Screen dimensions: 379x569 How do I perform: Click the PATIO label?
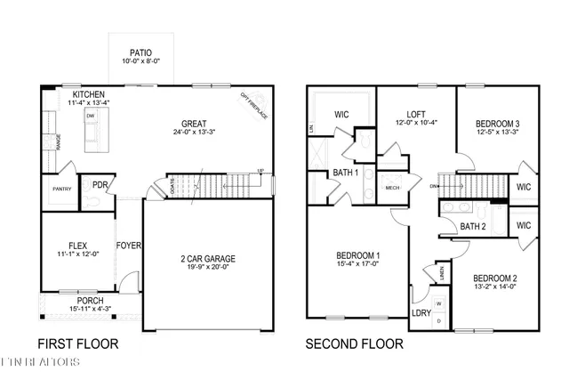click(140, 52)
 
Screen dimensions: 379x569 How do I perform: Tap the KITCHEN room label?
click(90, 93)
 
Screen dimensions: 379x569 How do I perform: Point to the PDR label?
click(100, 186)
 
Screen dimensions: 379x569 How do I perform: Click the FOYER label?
click(128, 246)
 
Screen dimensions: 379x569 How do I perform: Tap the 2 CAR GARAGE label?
click(207, 259)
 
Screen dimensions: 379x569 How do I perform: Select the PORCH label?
click(89, 301)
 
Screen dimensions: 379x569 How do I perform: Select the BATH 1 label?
click(346, 173)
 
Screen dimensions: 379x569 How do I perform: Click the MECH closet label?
click(391, 188)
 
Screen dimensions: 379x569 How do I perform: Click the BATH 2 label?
click(472, 227)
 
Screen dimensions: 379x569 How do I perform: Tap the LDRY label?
click(421, 312)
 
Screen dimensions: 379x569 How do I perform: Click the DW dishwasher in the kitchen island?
click(91, 117)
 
